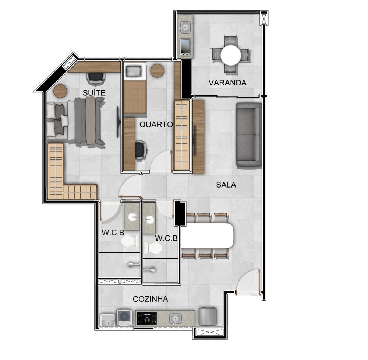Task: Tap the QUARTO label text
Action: pos(156,125)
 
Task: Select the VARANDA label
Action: pos(227,83)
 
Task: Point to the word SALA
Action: pos(226,185)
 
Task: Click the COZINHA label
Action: pos(151,299)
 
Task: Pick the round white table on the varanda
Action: pos(231,56)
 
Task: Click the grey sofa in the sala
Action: pos(249,136)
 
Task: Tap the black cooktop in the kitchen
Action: pos(147,319)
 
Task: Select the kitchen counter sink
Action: pos(175,319)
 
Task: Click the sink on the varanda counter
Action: pos(185,27)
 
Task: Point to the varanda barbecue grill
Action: pos(185,47)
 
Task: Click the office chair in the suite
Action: pos(96,78)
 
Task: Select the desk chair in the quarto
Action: pos(141,150)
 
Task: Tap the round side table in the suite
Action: pos(60,91)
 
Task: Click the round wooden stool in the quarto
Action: pos(157,70)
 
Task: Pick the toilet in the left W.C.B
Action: pos(131,241)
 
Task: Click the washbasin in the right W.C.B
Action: pos(149,220)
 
